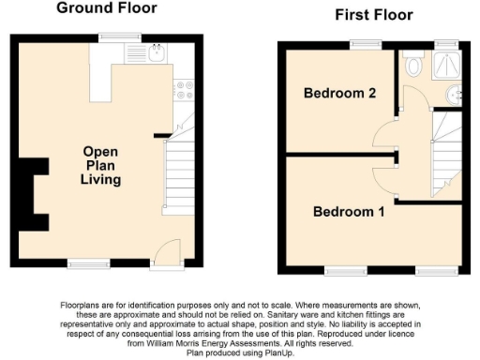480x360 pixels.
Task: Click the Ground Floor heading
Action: pyautogui.click(x=106, y=8)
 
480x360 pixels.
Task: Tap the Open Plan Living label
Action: pyautogui.click(x=100, y=165)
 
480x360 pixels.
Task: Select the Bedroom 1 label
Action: pyautogui.click(x=349, y=212)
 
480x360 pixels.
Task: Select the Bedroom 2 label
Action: pyautogui.click(x=338, y=93)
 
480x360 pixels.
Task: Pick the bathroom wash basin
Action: pyautogui.click(x=455, y=94)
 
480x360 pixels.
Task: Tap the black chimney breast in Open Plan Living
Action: pyautogui.click(x=36, y=192)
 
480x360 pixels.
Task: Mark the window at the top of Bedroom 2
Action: pyautogui.click(x=361, y=43)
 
